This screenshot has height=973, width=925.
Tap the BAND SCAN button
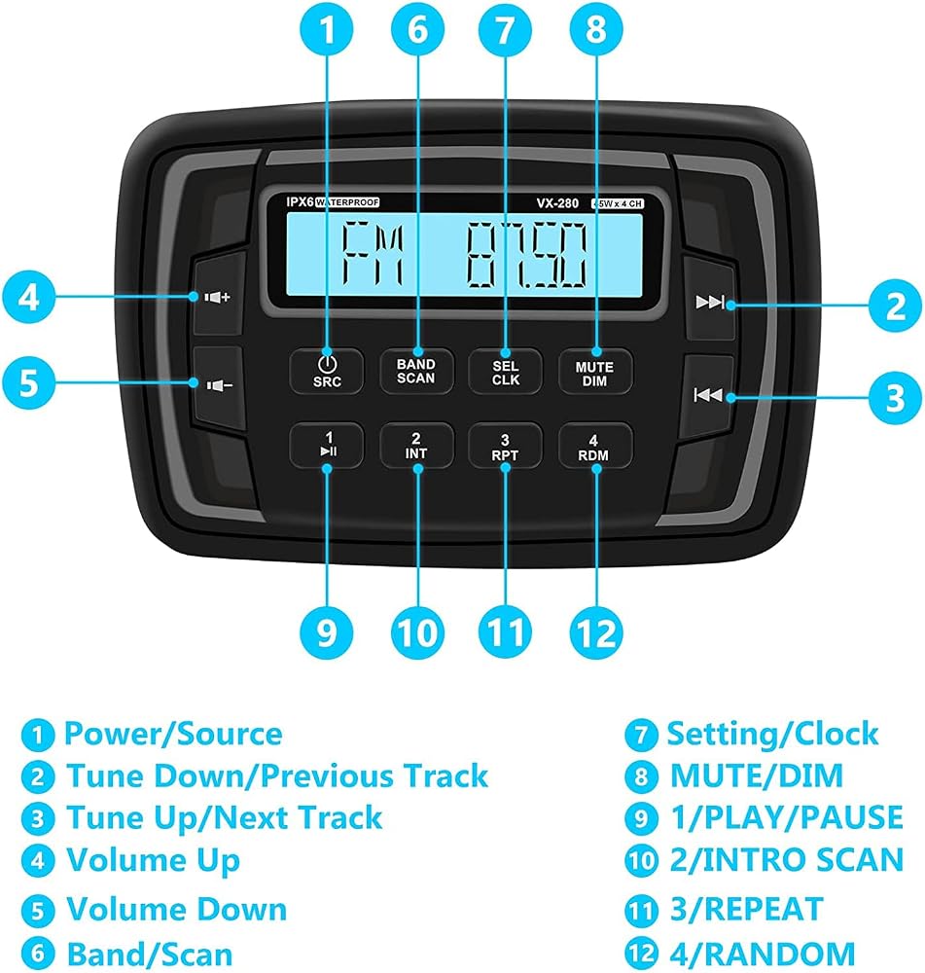415,371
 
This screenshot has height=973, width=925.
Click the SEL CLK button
505,372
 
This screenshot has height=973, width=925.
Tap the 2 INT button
415,446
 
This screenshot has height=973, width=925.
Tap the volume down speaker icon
219,386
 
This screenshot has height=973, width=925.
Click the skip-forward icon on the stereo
710,303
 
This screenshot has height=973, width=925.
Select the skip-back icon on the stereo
708,395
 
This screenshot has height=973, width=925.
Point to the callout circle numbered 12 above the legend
595,632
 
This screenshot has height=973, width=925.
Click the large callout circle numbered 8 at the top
595,29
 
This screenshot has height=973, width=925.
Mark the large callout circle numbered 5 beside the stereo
29,382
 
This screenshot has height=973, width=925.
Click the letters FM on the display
374,254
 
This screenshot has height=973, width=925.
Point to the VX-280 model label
557,203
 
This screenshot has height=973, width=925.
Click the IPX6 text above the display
301,201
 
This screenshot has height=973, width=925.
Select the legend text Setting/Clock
772,734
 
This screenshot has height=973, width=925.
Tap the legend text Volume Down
177,909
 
